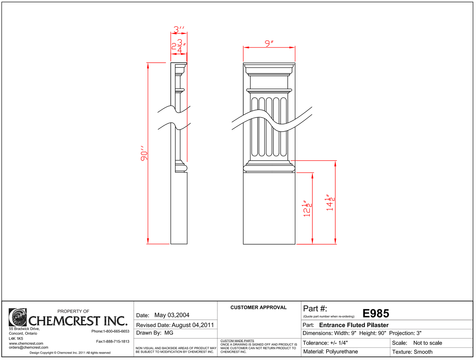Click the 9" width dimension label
269,43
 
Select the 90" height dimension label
144,153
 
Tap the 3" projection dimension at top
179,30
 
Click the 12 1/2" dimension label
307,209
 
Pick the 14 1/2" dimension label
330,202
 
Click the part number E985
376,314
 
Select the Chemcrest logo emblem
17,317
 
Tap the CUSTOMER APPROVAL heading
258,307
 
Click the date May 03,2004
172,315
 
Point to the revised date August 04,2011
193,325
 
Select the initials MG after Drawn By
169,333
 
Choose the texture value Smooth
423,352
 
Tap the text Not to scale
428,343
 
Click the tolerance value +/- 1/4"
339,343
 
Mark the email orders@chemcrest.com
29,347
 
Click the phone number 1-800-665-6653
116,331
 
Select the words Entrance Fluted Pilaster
354,325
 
